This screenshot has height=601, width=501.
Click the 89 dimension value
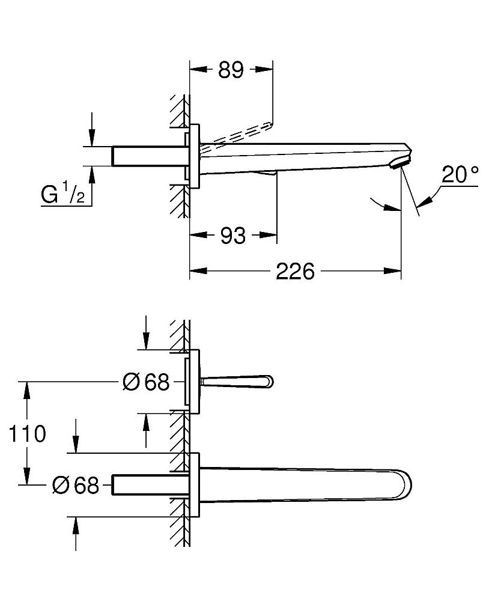(x=231, y=70)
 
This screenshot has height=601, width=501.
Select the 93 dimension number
(x=233, y=236)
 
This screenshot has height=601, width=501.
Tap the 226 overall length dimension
(x=296, y=272)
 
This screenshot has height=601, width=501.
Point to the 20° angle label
(x=460, y=174)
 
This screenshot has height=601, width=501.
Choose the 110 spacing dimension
(x=27, y=434)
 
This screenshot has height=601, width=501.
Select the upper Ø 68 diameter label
(x=146, y=382)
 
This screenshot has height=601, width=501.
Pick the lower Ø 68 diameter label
(x=76, y=485)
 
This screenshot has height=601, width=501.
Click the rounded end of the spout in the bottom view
(x=406, y=484)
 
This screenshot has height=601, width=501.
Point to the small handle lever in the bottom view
(x=237, y=382)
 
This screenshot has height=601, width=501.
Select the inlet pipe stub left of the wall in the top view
(x=150, y=156)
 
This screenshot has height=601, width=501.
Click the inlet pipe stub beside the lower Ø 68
(x=150, y=485)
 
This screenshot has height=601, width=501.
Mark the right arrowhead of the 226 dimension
(x=392, y=271)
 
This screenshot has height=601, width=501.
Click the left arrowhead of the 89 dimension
(x=198, y=69)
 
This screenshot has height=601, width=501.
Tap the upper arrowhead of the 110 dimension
(x=27, y=390)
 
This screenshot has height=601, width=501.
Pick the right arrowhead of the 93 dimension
(x=268, y=234)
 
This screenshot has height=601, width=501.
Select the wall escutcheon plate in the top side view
(x=195, y=156)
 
